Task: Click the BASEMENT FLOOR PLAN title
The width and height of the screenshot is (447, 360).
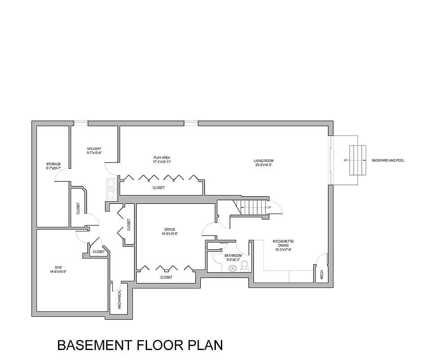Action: pyautogui.click(x=140, y=345)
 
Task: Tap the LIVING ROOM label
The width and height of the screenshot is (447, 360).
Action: pyautogui.click(x=264, y=161)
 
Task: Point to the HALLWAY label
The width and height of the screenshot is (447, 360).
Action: pyautogui.click(x=94, y=148)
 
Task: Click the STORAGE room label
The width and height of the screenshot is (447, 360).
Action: pyautogui.click(x=54, y=164)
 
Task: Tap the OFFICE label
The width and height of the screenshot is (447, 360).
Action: pyautogui.click(x=170, y=229)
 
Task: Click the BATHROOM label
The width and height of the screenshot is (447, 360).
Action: pyautogui.click(x=233, y=256)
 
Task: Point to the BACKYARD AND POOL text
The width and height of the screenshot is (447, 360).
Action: pyautogui.click(x=388, y=160)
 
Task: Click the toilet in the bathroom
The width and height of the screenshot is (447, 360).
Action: pyautogui.click(x=245, y=267)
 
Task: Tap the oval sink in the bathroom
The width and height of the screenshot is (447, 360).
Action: pyautogui.click(x=232, y=269)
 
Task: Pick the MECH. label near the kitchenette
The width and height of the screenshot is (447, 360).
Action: pyautogui.click(x=322, y=274)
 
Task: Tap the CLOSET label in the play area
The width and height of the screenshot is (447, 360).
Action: pyautogui.click(x=158, y=188)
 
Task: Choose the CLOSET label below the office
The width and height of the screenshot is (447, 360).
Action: pyautogui.click(x=166, y=278)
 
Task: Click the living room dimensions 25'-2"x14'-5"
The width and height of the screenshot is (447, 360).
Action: pyautogui.click(x=264, y=165)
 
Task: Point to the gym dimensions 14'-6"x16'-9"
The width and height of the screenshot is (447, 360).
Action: pyautogui.click(x=58, y=272)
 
